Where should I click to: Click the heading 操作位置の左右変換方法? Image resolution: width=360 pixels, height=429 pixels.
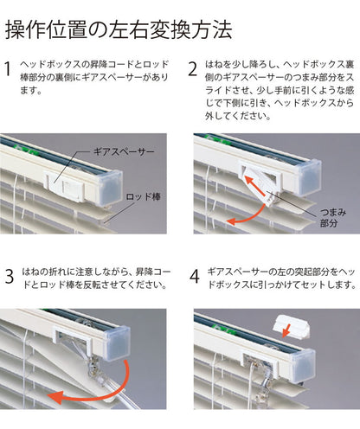119,30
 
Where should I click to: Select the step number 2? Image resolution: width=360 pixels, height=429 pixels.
196,69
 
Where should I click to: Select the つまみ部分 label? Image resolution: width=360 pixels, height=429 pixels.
333,215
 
